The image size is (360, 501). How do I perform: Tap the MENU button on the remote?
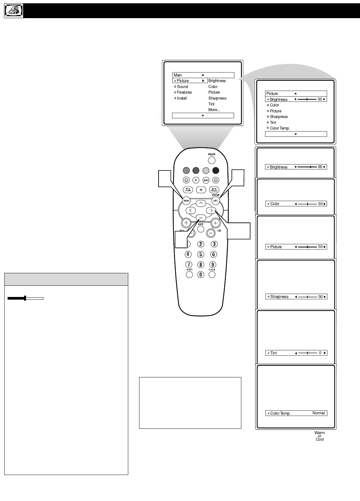[186, 200]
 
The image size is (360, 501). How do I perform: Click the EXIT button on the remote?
[215, 200]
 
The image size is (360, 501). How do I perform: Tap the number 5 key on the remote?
[201, 254]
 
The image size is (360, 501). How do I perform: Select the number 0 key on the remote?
[201, 275]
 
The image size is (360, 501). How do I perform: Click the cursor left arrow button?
[191, 210]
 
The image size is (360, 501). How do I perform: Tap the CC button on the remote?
[201, 190]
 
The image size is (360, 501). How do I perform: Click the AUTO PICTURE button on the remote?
[214, 190]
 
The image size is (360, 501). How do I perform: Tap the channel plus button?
[215, 223]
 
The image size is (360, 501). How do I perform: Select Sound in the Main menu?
[182, 87]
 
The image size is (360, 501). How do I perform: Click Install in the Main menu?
[182, 98]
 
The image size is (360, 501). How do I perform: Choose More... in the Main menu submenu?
[214, 110]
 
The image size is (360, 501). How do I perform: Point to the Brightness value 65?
[320, 167]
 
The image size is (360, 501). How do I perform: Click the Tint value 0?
[320, 353]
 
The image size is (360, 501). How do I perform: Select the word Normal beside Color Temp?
[318, 413]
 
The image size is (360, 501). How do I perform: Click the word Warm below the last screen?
[319, 433]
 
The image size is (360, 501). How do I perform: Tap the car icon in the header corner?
[14, 11]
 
